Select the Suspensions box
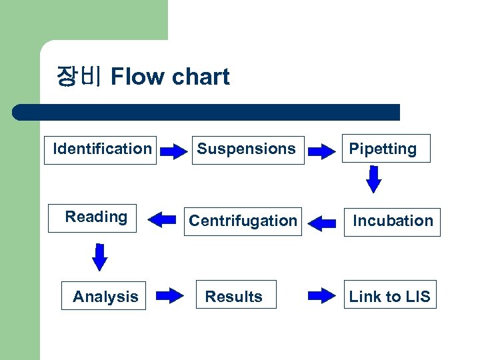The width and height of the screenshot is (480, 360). [x=246, y=149]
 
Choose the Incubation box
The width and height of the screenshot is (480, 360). [x=393, y=221]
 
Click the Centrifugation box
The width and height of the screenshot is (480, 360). [x=243, y=221]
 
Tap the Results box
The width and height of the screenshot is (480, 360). [x=234, y=296]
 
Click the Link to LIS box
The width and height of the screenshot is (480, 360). [x=389, y=296]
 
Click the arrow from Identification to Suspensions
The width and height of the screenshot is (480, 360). [x=175, y=152]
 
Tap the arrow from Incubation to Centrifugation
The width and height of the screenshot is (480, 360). [x=323, y=223]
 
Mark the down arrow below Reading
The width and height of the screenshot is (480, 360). [x=99, y=257]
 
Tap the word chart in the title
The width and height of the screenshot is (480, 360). [x=201, y=77]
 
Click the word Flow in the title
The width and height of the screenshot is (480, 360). [x=138, y=77]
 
